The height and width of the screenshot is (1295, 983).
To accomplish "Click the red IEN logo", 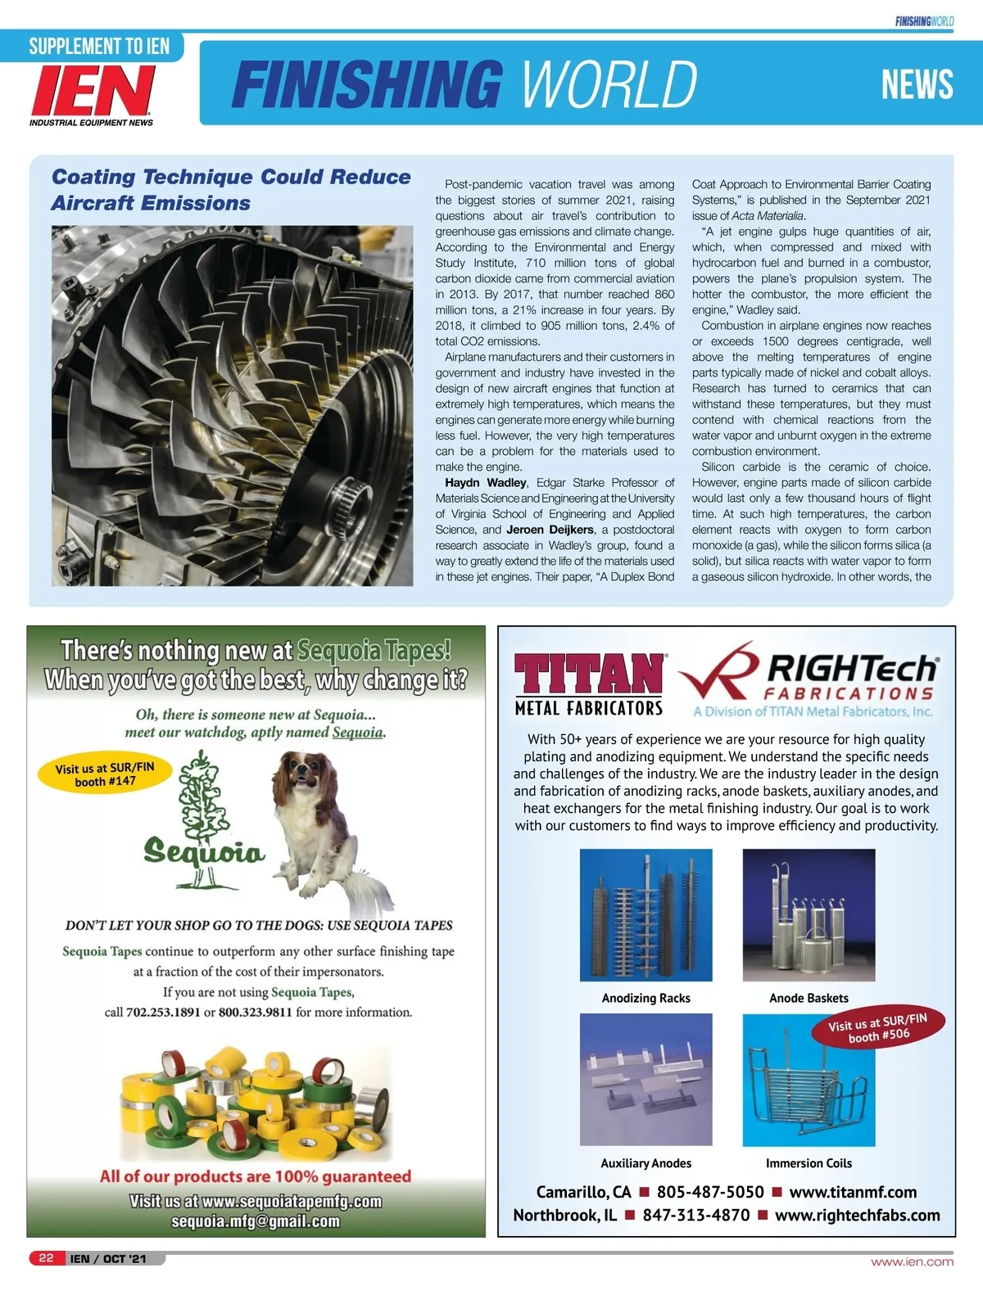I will [92, 90].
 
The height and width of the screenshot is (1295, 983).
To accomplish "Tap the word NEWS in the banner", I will [917, 84].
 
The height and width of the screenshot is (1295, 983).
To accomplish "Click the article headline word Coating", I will [93, 177].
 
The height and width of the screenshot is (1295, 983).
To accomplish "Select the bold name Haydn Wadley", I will [486, 483].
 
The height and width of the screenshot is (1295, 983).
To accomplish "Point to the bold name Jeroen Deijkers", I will [550, 530].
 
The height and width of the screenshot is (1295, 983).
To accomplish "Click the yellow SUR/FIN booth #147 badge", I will [105, 774].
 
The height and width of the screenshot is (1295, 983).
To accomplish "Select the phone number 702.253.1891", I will [163, 1013].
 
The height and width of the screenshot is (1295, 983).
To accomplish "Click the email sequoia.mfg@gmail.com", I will [256, 1222].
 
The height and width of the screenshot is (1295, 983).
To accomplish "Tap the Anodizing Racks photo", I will [646, 914].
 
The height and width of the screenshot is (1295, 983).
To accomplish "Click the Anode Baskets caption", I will [809, 998].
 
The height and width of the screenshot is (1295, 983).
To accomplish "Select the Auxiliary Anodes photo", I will [646, 1079].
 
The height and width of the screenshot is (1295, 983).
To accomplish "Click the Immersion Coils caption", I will [809, 1163].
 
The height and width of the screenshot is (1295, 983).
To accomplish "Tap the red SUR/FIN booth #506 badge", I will [878, 1028].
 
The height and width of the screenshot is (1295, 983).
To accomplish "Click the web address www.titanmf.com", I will [853, 1193].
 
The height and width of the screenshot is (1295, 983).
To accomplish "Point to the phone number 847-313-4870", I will [695, 1216].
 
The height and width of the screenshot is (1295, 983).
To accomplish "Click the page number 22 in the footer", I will [46, 1258].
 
